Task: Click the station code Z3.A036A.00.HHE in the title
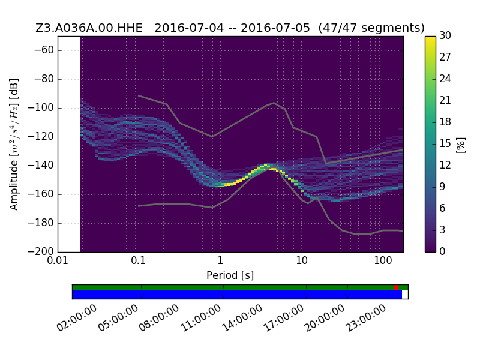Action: pyautogui.click(x=89, y=28)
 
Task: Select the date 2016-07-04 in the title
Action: pyautogui.click(x=189, y=28)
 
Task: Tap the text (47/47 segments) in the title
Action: pyautogui.click(x=371, y=28)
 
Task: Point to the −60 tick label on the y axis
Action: pyautogui.click(x=44, y=50)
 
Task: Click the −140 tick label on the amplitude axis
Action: pyautogui.click(x=40, y=166)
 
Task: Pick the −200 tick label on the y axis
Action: pyautogui.click(x=40, y=251)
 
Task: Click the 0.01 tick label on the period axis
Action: pyautogui.click(x=58, y=261)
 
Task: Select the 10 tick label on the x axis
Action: pyautogui.click(x=302, y=261)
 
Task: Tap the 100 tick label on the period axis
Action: pyautogui.click(x=383, y=261)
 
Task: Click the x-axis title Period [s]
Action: pyautogui.click(x=230, y=275)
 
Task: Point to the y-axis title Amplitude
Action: pyautogui.click(x=14, y=185)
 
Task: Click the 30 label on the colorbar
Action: pyautogui.click(x=445, y=35)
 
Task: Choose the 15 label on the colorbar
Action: pyautogui.click(x=445, y=143)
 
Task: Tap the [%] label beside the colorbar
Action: pyautogui.click(x=461, y=145)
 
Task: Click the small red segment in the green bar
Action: pyautogui.click(x=396, y=287)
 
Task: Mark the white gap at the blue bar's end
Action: pyautogui.click(x=405, y=295)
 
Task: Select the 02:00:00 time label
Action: pyautogui.click(x=77, y=319)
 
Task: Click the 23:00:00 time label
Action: pyautogui.click(x=366, y=319)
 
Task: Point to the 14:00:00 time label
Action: pyautogui.click(x=242, y=319)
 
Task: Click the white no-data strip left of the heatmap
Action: pyautogui.click(x=69, y=144)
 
